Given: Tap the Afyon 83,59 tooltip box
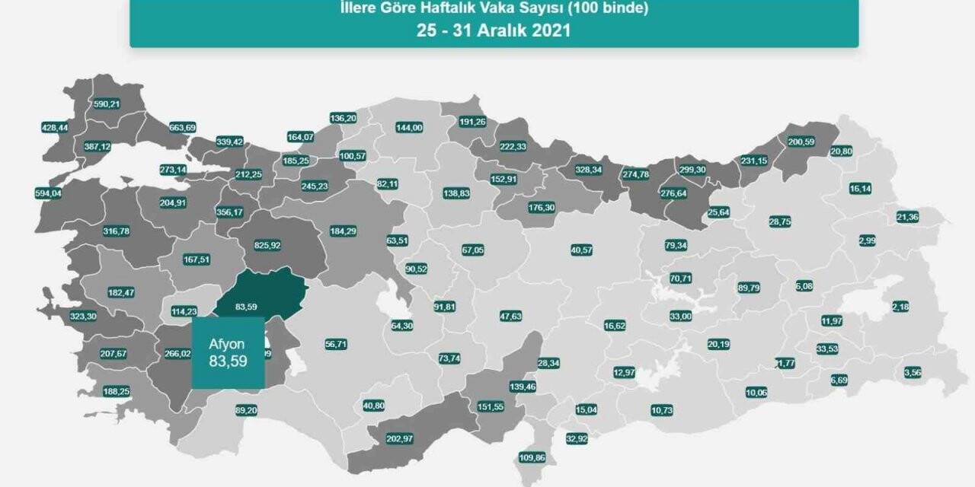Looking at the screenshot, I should point(228,352).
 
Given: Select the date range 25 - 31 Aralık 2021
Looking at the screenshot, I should point(494,31).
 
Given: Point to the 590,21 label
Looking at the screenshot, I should point(106,103).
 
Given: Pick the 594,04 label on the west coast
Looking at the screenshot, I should point(48,193).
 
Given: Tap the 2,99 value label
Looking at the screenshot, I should point(867,240).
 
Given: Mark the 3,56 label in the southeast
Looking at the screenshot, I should point(913,372).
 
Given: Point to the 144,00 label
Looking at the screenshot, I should point(409,128).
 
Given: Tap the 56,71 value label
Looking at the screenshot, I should point(336,344).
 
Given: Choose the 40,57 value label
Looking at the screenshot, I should point(581,250).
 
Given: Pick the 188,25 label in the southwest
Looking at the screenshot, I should point(116,391).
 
